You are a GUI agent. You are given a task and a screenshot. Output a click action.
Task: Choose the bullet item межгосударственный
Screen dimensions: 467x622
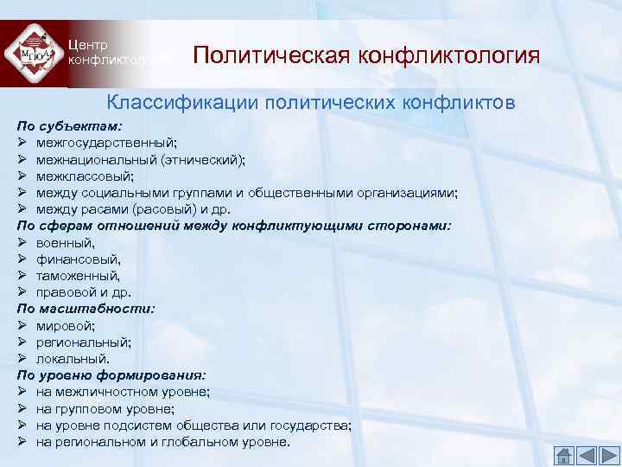pyautogui.click(x=107, y=143)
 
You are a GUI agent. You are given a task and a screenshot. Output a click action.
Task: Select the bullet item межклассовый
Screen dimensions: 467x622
pyautogui.click(x=86, y=176)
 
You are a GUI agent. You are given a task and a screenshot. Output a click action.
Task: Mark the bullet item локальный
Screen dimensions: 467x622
pyautogui.click(x=73, y=358)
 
